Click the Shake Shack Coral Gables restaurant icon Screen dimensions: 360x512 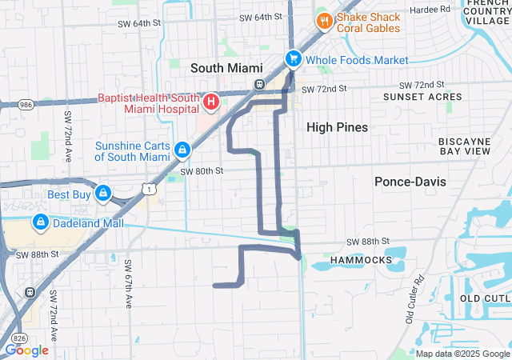(x=324, y=21)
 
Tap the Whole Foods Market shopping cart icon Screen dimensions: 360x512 (x=294, y=59)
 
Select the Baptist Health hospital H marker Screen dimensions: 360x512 (x=211, y=102)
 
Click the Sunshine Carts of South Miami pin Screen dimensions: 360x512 (x=183, y=150)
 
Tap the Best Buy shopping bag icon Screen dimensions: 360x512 (x=103, y=193)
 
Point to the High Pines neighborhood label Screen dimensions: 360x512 (x=338, y=127)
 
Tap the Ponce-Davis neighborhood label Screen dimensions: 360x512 (x=410, y=182)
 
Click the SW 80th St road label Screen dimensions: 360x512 (x=201, y=170)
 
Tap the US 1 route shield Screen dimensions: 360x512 (x=150, y=188)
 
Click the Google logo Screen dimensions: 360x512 (x=26, y=350)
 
